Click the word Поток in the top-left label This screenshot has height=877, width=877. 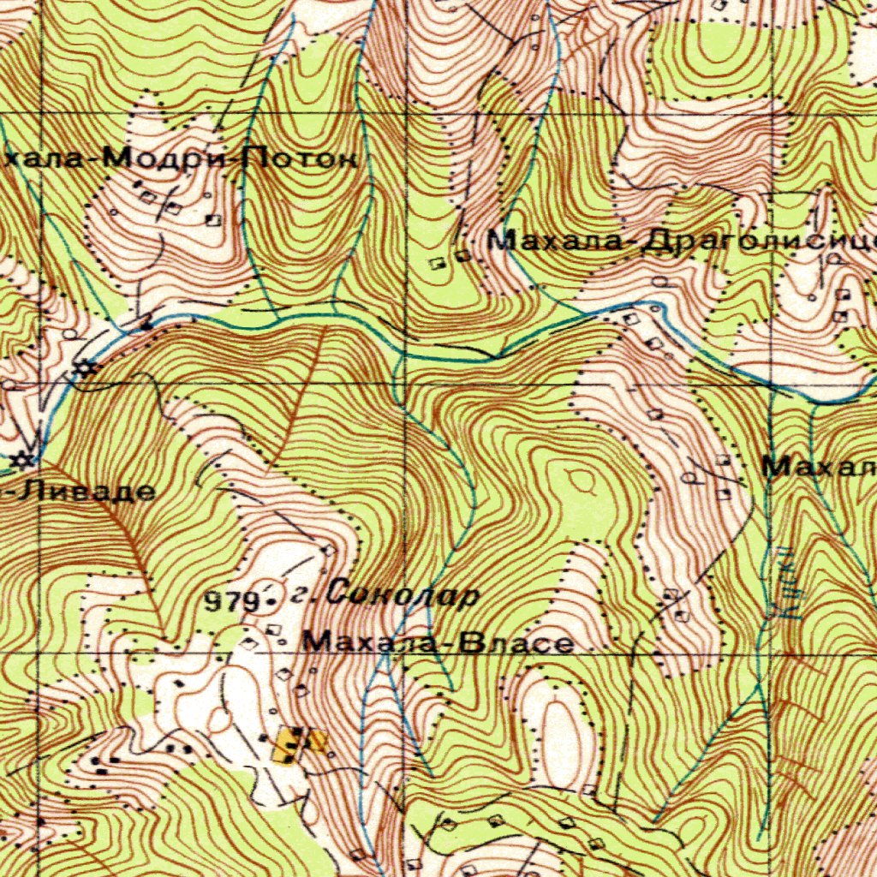click(300, 158)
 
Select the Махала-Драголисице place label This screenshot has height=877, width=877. click(681, 242)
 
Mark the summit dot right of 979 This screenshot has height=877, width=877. click(271, 602)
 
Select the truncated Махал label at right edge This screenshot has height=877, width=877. click(818, 468)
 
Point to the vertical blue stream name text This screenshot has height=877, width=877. click(790, 591)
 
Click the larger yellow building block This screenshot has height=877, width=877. click(290, 745)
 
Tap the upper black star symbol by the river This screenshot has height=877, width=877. click(83, 370)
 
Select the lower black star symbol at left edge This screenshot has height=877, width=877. click(23, 460)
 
